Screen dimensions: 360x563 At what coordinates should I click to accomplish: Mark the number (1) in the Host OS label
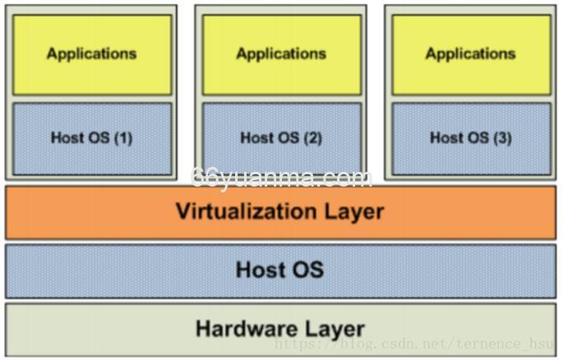[x=123, y=138]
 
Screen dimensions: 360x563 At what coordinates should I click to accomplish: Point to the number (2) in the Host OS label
[x=312, y=138]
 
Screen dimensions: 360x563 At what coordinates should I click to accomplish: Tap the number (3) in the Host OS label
[x=502, y=138]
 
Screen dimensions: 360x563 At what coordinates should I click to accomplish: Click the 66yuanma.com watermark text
[x=281, y=178]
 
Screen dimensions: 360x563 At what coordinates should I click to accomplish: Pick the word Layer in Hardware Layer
[x=329, y=329]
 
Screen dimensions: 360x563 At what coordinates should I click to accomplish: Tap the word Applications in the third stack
[x=471, y=53]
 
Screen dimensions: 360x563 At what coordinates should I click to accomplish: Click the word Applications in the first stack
[x=91, y=53]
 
